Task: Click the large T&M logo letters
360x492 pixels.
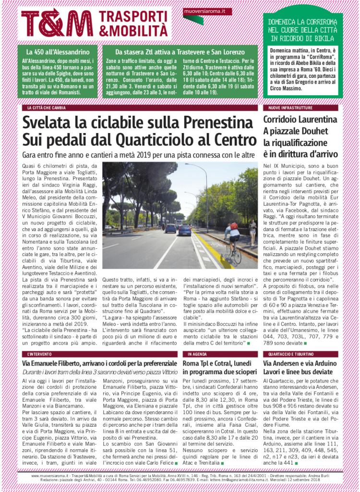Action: pos(57,23)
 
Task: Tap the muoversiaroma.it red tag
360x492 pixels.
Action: pos(207,11)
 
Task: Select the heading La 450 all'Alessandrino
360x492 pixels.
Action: pos(58,52)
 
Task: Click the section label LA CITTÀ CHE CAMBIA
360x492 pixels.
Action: pos(46,108)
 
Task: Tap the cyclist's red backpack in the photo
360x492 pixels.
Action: pos(234,226)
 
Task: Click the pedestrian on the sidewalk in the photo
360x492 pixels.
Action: pos(252,231)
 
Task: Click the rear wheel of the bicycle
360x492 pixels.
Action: pos(238,257)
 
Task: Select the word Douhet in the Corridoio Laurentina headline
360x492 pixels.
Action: pos(318,131)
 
